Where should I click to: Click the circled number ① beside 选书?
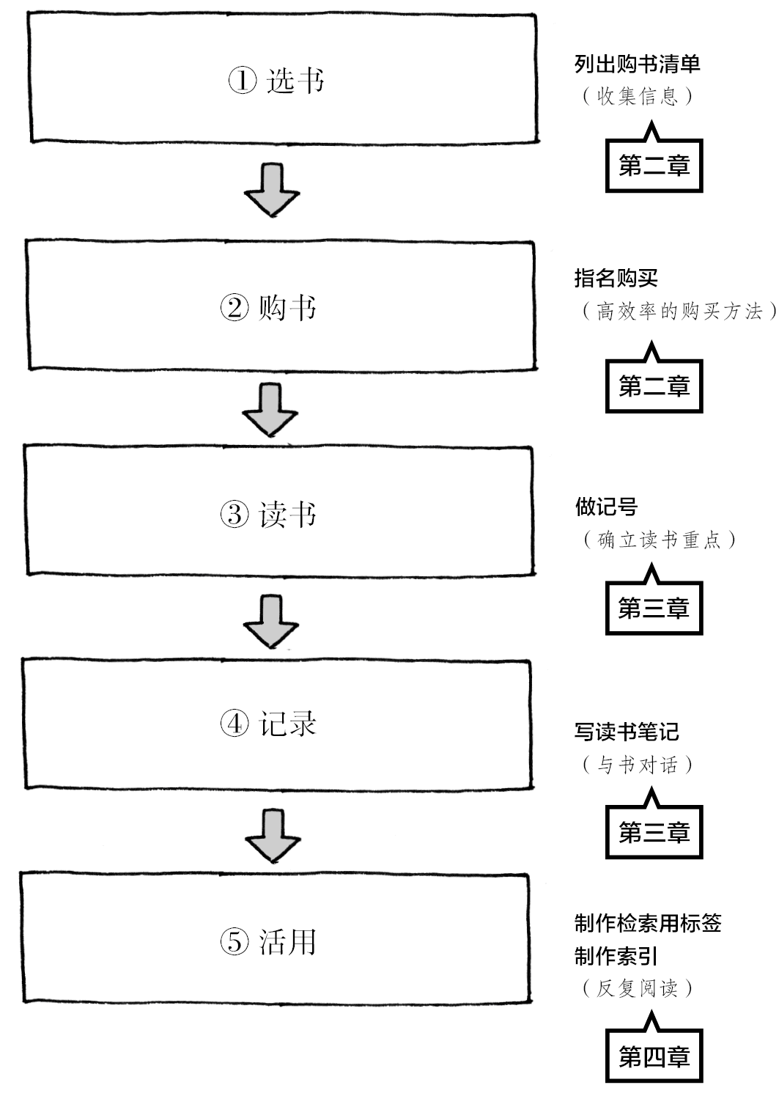pyautogui.click(x=243, y=80)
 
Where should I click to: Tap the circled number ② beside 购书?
pyautogui.click(x=235, y=308)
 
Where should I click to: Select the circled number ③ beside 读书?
pyautogui.click(x=235, y=514)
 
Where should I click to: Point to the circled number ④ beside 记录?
pyautogui.click(x=235, y=724)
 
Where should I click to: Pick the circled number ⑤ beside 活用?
pyautogui.click(x=235, y=942)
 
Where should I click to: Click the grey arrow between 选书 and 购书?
pyautogui.click(x=272, y=190)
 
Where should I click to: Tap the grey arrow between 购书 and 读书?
pyautogui.click(x=270, y=410)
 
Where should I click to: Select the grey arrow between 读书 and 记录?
pyautogui.click(x=271, y=622)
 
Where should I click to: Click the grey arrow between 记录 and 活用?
pyautogui.click(x=273, y=836)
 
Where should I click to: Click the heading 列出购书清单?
pyautogui.click(x=637, y=64)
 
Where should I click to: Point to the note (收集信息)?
pyautogui.click(x=637, y=96)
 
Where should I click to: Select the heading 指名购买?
pyautogui.click(x=616, y=279)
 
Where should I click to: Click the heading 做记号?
pyautogui.click(x=606, y=507)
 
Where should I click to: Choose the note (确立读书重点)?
pyautogui.click(x=660, y=539)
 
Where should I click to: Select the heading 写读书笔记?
pyautogui.click(x=627, y=732)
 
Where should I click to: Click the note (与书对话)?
pyautogui.click(x=637, y=764)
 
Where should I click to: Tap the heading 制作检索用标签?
pyautogui.click(x=648, y=923)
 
